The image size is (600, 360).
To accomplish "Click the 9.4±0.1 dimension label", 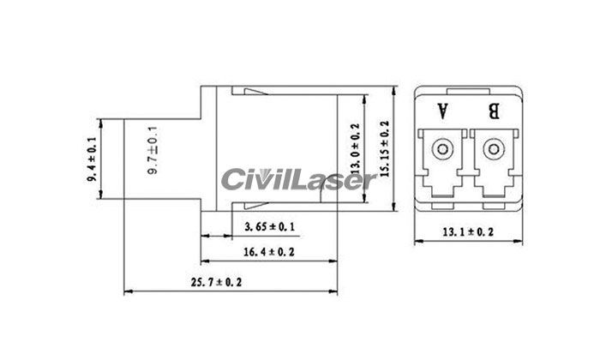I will pos(91,159).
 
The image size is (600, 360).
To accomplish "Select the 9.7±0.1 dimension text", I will pos(153,153).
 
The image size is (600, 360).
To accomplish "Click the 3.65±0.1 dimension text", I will pos(269,227).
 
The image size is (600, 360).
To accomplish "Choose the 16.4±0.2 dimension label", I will pos(269,252).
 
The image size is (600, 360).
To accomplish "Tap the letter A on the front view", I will pos(442,111).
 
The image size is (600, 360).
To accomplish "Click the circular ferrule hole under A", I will pos(442,150).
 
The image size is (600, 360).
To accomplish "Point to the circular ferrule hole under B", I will pos(491,150).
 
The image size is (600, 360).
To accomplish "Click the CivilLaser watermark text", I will pos(297,180).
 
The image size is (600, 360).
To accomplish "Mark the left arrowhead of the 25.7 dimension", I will pos(129,292).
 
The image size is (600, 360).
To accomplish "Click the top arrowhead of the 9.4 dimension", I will pos(102,121).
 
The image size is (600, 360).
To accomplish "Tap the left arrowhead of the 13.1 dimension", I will pos(417,243).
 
